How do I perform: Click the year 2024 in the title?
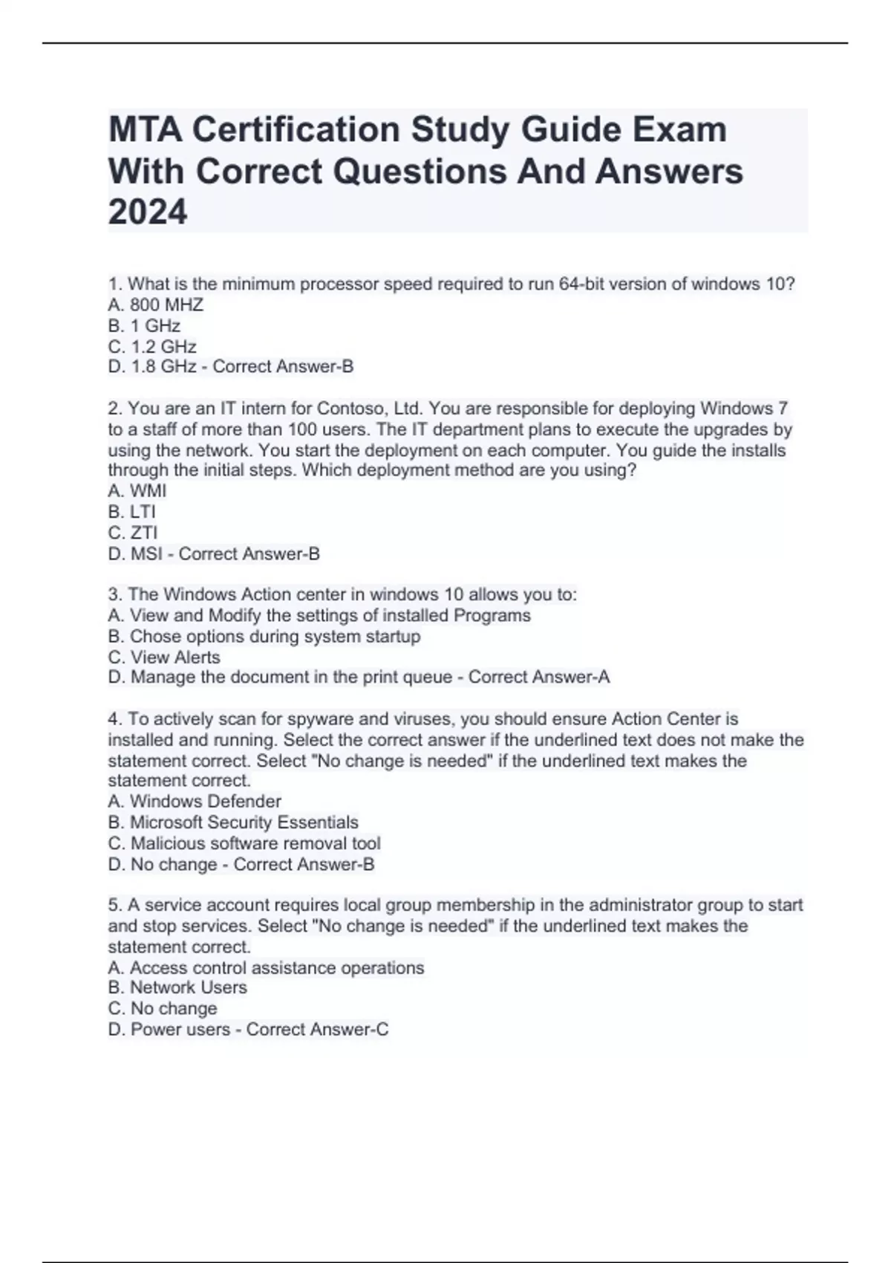(x=148, y=212)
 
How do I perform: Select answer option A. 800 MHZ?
(x=156, y=305)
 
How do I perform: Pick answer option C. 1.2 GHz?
(x=152, y=346)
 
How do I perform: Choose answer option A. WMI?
(x=137, y=491)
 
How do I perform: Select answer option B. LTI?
(x=132, y=512)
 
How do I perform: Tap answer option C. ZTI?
(x=133, y=533)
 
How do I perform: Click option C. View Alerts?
(x=164, y=658)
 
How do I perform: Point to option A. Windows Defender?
(x=195, y=802)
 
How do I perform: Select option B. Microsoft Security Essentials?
(x=233, y=822)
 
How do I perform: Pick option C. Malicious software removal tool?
(x=244, y=843)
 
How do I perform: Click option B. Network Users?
(x=177, y=987)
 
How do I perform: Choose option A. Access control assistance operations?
(x=266, y=968)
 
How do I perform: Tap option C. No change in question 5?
(x=163, y=1008)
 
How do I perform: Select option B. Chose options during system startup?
(x=264, y=637)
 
